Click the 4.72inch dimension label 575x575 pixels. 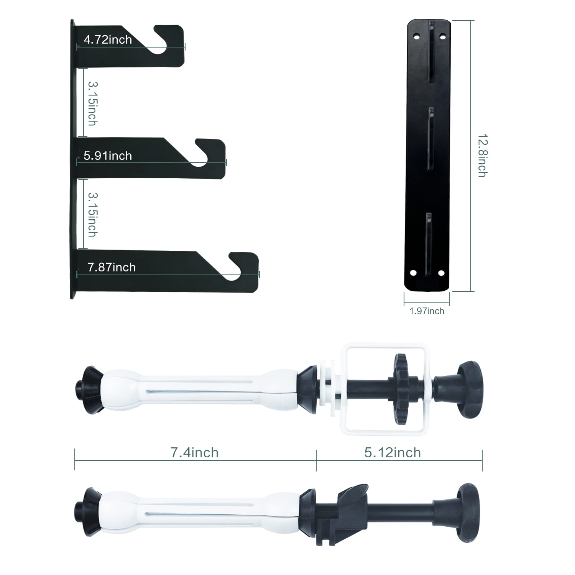[x=108, y=39]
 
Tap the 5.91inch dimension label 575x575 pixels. [x=108, y=156]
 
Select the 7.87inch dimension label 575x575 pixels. [x=112, y=267]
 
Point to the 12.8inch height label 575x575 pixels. [x=482, y=155]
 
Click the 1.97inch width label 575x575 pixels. [x=427, y=311]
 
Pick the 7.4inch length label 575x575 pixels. [x=194, y=452]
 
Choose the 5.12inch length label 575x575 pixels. [x=393, y=452]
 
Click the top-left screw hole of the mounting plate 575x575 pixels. [x=416, y=36]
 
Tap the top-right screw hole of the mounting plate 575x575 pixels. [x=442, y=36]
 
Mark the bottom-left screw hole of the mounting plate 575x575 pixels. [x=413, y=273]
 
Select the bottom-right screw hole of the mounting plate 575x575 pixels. [x=441, y=273]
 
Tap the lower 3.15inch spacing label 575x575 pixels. [x=92, y=214]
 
